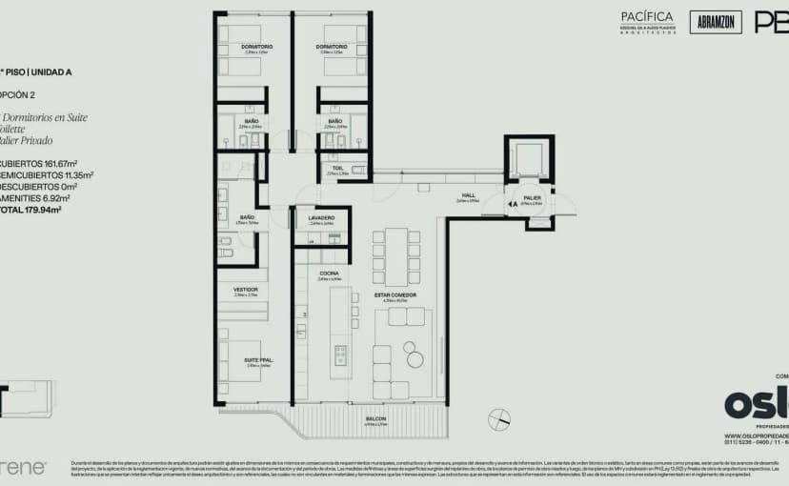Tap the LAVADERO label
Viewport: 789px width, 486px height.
(321, 218)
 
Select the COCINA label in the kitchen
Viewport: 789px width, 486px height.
(330, 273)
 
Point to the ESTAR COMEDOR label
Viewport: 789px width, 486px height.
(394, 295)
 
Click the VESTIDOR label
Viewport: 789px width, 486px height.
(245, 289)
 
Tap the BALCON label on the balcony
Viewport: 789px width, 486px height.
(375, 418)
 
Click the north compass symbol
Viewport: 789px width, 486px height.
(496, 416)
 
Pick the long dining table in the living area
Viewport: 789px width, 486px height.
(395, 254)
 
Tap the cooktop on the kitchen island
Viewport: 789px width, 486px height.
(340, 355)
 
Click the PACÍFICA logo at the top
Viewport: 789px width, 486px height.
(647, 17)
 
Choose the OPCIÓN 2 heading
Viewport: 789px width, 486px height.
(19, 95)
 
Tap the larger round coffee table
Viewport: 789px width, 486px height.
(414, 359)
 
